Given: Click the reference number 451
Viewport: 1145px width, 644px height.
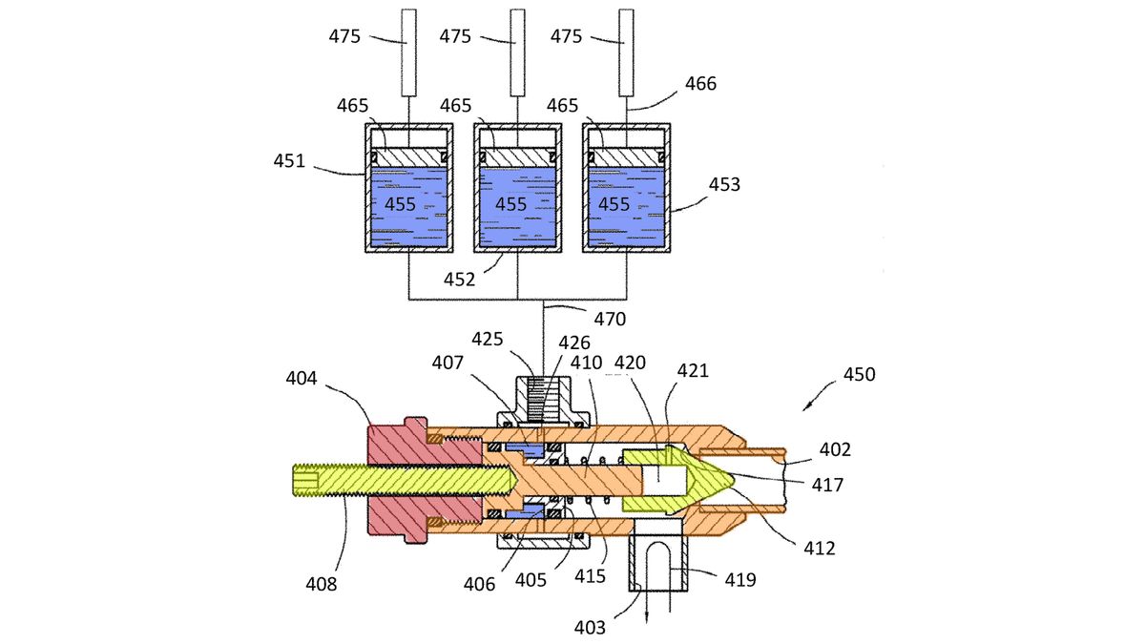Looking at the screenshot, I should click(x=288, y=160).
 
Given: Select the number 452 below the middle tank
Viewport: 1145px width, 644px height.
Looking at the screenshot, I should click(x=460, y=279).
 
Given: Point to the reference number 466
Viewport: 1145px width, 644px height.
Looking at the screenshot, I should click(x=700, y=84).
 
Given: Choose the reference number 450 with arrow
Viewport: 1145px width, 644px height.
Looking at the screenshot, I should click(x=859, y=375).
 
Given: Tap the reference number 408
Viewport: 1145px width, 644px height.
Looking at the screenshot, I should click(x=322, y=583).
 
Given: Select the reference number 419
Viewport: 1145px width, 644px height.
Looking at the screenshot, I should click(x=741, y=578).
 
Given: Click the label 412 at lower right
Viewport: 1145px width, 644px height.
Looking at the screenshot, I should click(x=819, y=548).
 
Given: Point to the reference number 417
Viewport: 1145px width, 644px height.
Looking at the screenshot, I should click(x=827, y=485).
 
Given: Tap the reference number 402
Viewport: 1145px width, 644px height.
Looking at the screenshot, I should click(x=835, y=449).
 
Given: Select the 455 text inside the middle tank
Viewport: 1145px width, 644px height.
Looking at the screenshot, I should click(x=510, y=204).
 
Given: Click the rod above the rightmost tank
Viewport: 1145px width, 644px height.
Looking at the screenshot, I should click(x=626, y=52).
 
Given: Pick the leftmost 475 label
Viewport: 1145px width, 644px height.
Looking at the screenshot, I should click(x=345, y=36).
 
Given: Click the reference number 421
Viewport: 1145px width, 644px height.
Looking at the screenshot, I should click(x=693, y=370).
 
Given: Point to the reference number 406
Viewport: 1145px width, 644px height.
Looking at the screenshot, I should click(x=479, y=584).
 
